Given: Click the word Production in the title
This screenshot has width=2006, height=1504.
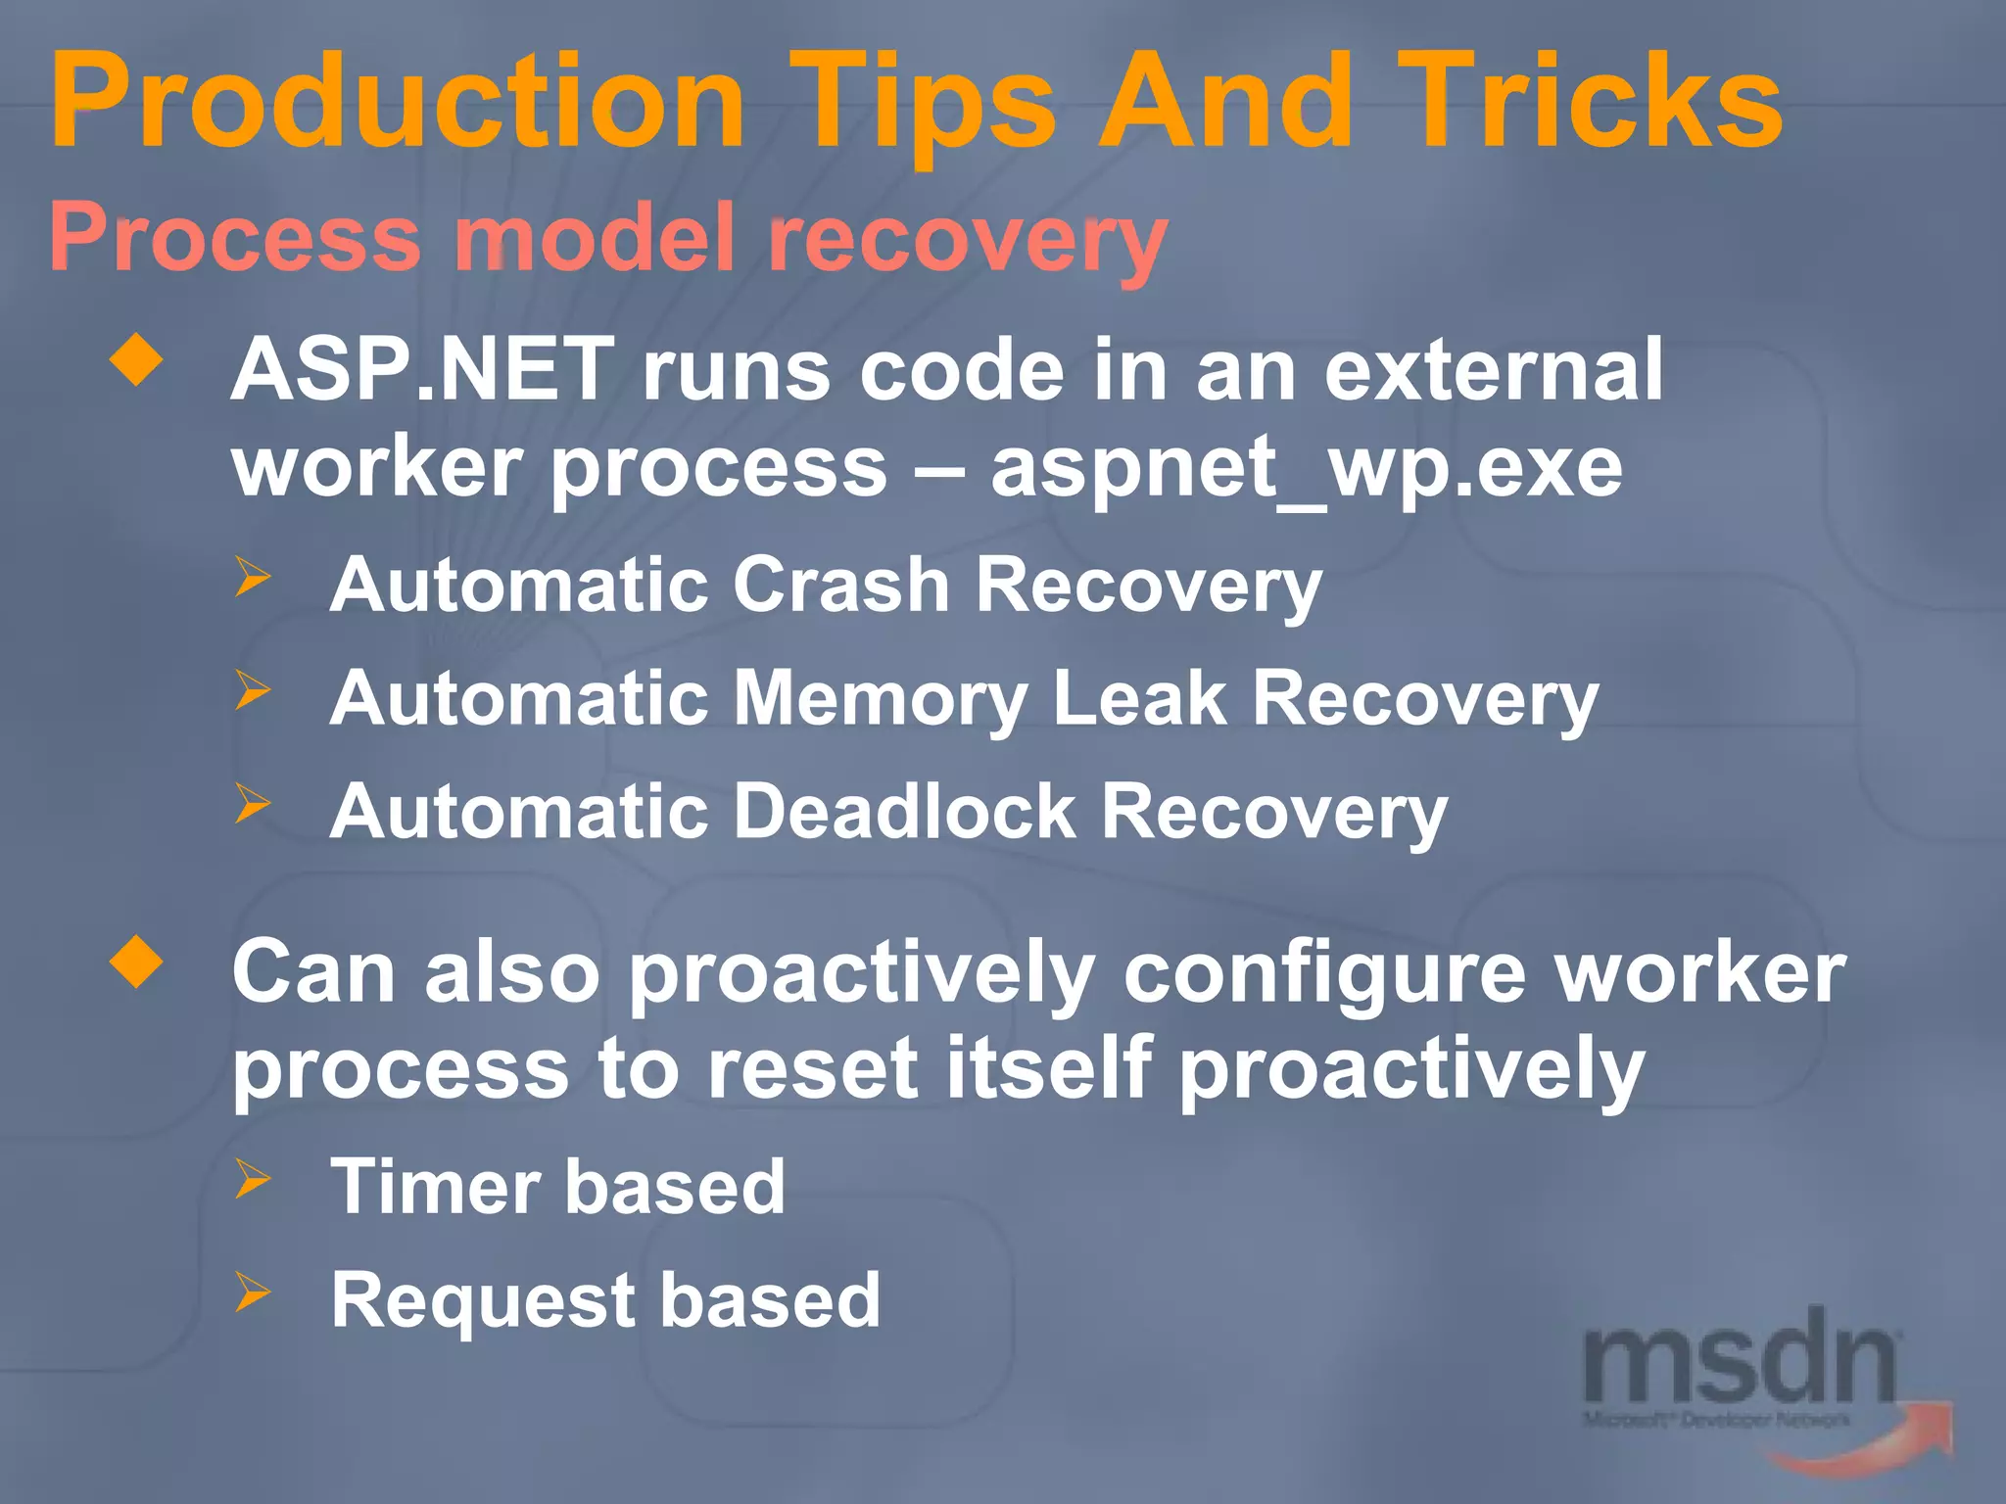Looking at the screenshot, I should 397,102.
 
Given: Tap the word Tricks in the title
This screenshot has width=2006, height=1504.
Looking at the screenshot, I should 1587,102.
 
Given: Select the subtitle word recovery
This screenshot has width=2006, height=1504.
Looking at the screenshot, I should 968,240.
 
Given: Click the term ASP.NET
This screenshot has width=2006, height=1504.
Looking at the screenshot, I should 422,371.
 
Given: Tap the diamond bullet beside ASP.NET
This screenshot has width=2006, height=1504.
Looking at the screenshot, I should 137,361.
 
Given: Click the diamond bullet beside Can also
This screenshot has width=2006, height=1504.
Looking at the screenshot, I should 137,963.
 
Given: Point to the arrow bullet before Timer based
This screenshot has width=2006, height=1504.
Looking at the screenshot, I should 252,1179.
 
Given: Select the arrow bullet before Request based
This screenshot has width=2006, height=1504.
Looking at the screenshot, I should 252,1293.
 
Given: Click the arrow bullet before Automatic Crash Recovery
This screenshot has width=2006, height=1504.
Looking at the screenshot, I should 252,577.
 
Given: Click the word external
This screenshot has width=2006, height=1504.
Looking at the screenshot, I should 1493,371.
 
